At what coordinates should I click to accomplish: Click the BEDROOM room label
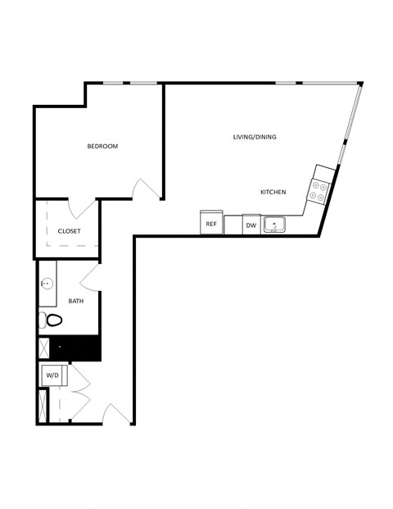(x=102, y=147)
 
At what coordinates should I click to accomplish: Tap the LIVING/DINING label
(x=254, y=137)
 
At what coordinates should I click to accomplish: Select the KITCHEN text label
(x=273, y=193)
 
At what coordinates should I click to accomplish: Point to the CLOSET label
(x=69, y=231)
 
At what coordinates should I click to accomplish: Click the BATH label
(x=75, y=302)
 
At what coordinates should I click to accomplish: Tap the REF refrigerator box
(x=211, y=223)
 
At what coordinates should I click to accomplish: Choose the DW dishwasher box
(x=251, y=225)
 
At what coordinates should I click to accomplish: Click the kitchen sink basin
(x=274, y=223)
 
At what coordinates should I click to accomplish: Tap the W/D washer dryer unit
(x=52, y=376)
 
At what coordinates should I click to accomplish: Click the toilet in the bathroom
(x=51, y=320)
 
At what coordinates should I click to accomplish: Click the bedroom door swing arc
(x=146, y=189)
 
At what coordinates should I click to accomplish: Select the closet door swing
(x=83, y=209)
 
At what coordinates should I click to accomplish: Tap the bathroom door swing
(x=90, y=276)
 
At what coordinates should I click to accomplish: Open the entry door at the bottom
(x=116, y=415)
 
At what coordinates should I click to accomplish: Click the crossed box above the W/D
(x=43, y=348)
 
